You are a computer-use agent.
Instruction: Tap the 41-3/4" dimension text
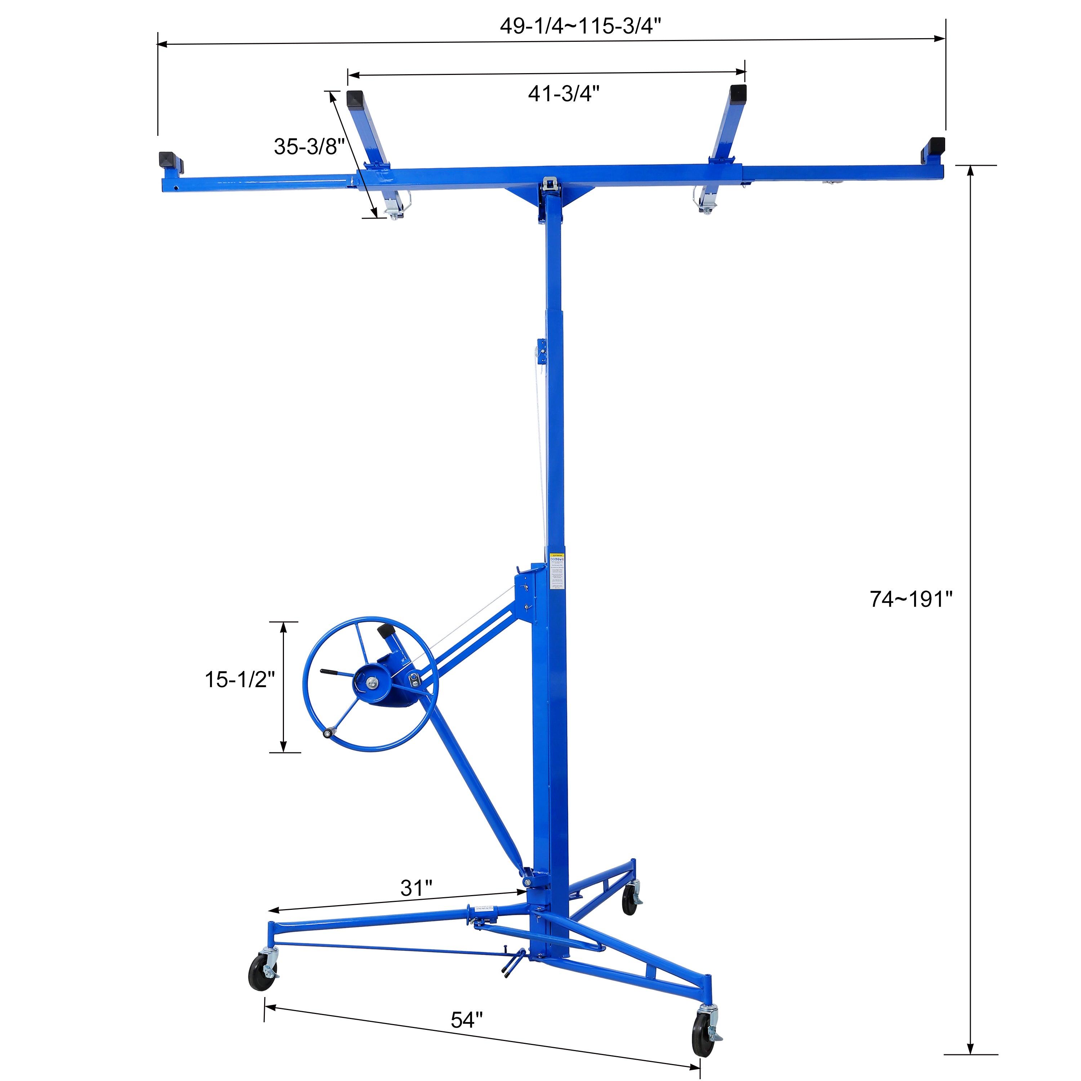564,93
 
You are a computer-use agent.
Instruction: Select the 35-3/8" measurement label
309,147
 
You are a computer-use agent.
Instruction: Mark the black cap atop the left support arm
355,99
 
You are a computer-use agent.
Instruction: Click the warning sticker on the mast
557,571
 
